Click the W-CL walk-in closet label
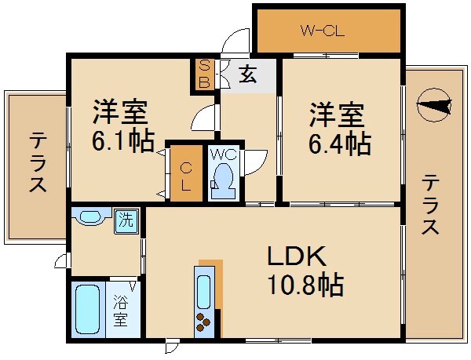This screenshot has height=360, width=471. [322, 32]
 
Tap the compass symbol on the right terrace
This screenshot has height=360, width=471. [434, 105]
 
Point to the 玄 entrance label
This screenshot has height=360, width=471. [248, 75]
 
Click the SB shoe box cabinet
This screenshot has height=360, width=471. [203, 75]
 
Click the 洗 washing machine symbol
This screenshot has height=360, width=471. [126, 220]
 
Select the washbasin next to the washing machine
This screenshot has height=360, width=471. [89, 218]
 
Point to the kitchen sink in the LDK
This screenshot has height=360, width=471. [204, 290]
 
